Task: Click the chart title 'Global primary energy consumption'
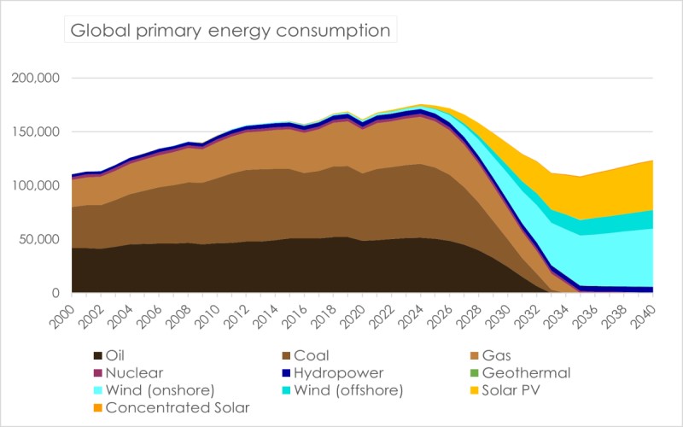pos(230,32)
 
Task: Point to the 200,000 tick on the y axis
pos(35,79)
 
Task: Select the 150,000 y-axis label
pos(35,132)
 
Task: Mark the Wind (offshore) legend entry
pos(350,390)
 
